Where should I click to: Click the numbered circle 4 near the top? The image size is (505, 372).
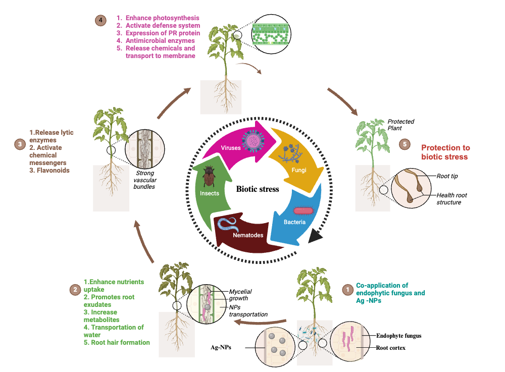coord(100,21)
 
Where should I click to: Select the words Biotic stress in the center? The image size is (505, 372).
coord(258,189)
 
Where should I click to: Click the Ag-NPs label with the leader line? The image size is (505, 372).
coord(221,347)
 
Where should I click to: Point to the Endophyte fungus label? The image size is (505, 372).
coord(398,336)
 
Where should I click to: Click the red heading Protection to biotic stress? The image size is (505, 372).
coord(445,152)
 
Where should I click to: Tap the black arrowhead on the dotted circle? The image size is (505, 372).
coord(317,236)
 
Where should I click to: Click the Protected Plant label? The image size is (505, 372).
coord(401,125)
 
